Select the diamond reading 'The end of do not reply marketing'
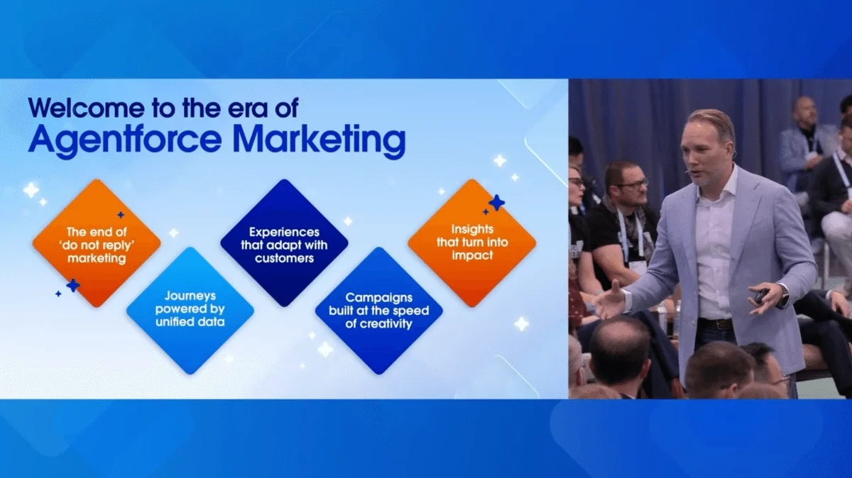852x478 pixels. (x=97, y=243)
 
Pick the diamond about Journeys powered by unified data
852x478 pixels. (x=190, y=310)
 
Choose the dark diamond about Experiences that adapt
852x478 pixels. (x=284, y=243)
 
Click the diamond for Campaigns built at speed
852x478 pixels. (x=378, y=310)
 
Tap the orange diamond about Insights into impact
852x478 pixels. (x=472, y=243)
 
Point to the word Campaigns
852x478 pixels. (x=378, y=298)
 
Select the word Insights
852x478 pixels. (x=472, y=230)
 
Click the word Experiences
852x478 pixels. (x=285, y=232)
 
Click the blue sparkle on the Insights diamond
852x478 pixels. (x=496, y=203)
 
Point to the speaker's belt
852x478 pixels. (x=715, y=323)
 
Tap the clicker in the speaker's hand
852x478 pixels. (x=761, y=296)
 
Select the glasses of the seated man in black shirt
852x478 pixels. (x=633, y=184)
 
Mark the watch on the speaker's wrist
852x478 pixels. (x=783, y=298)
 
